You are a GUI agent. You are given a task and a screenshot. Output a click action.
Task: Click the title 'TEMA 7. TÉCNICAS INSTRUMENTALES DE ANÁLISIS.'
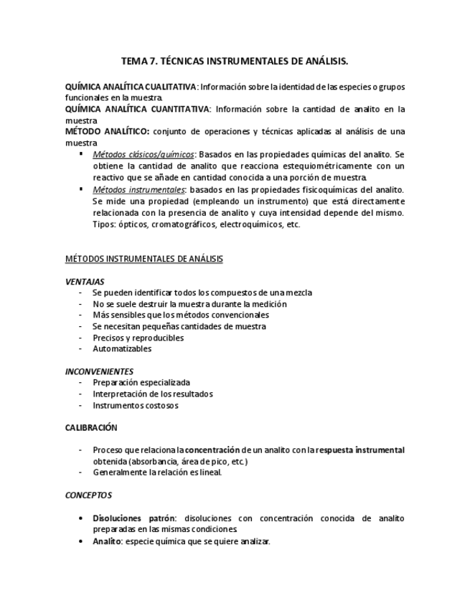click(235, 62)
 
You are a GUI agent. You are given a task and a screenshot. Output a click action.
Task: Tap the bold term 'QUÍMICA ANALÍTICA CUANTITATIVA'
click(137, 109)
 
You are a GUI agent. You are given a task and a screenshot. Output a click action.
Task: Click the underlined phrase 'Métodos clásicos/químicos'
click(144, 154)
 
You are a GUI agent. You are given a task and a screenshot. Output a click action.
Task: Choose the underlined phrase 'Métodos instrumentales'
click(138, 189)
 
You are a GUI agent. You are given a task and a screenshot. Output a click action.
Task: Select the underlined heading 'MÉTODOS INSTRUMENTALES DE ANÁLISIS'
click(144, 258)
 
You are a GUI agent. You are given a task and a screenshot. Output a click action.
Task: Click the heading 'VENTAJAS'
click(85, 282)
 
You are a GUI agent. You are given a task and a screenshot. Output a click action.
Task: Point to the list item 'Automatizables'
click(122, 349)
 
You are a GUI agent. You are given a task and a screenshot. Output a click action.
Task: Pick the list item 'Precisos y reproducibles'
click(138, 338)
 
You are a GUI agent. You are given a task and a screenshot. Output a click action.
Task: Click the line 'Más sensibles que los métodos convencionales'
click(181, 315)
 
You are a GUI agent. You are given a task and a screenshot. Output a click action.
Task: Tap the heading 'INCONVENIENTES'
click(99, 371)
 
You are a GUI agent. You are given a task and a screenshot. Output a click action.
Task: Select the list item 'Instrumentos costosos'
click(136, 405)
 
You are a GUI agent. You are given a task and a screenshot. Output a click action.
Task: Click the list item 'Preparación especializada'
click(141, 382)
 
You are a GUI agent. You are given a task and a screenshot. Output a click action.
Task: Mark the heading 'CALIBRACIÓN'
click(91, 428)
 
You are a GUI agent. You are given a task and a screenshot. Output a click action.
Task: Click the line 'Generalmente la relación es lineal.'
click(157, 472)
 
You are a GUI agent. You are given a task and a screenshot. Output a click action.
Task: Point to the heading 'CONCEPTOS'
click(88, 495)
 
